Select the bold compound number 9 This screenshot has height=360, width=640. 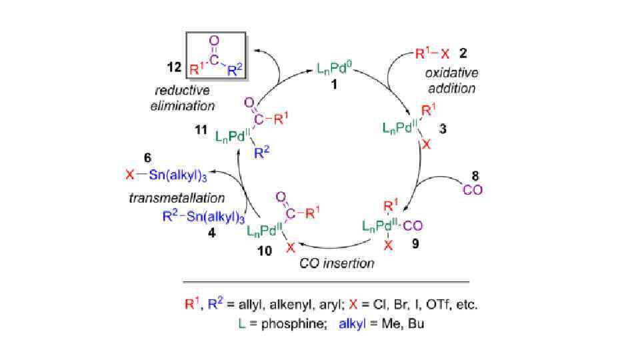pyautogui.click(x=415, y=245)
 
